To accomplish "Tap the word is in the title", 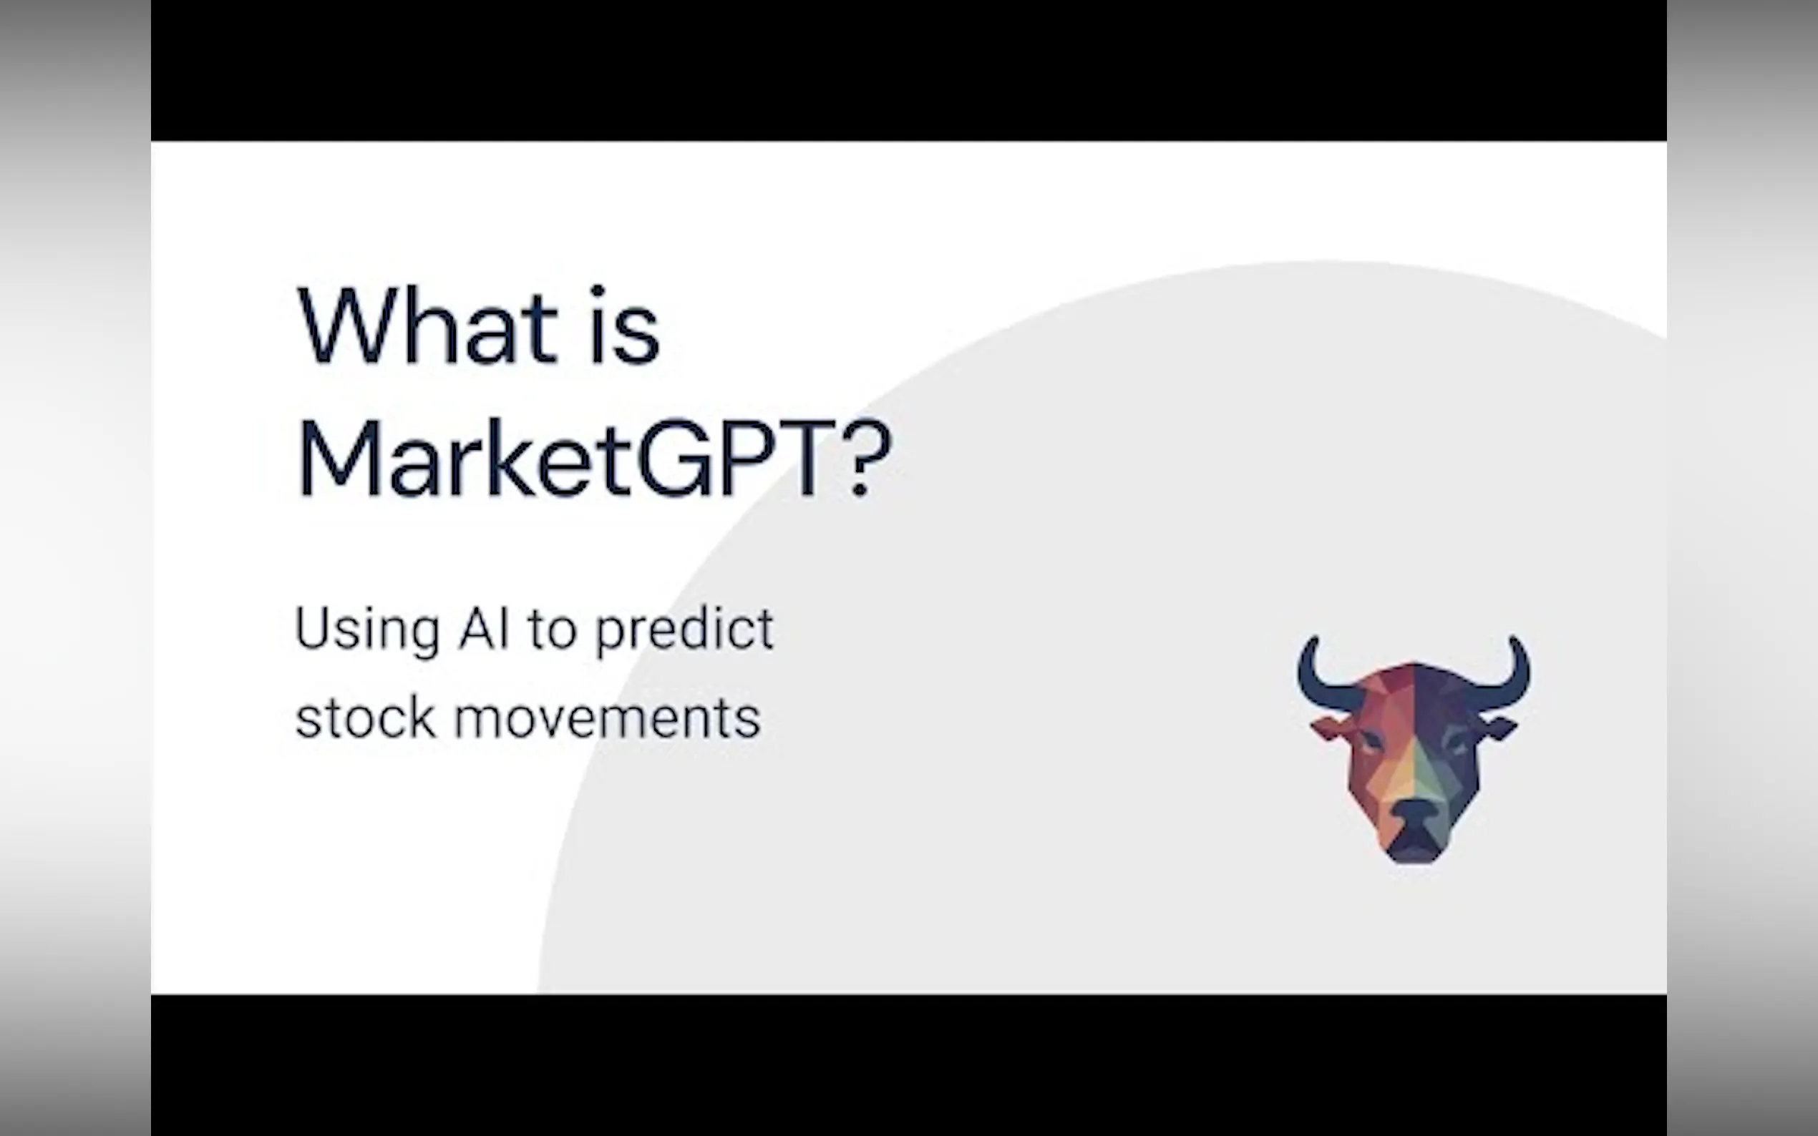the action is (x=625, y=325).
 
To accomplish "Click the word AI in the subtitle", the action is (x=484, y=627).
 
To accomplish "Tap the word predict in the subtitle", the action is (x=685, y=630).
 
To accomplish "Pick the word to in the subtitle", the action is (x=553, y=629).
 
